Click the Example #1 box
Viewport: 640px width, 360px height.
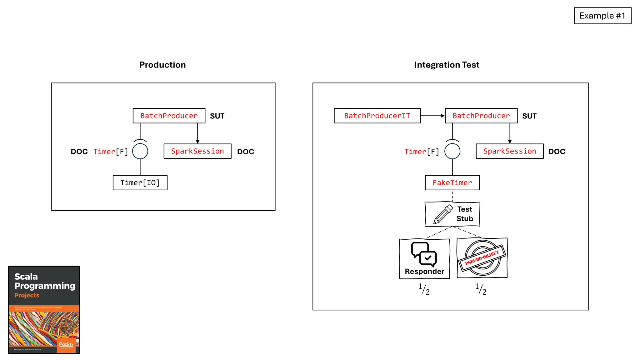(602, 16)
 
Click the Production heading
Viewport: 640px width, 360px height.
(162, 65)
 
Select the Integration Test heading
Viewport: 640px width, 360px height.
(447, 65)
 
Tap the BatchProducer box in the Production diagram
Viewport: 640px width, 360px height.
(169, 116)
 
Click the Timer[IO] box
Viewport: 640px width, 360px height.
(140, 182)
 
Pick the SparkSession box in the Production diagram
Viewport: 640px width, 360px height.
(197, 151)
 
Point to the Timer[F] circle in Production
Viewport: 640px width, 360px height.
(140, 151)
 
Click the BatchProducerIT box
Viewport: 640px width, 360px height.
(377, 116)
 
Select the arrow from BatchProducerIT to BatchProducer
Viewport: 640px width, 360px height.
(432, 116)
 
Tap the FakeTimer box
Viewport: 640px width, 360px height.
(452, 182)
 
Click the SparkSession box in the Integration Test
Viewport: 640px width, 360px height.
(510, 151)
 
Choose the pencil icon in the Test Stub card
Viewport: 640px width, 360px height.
(443, 214)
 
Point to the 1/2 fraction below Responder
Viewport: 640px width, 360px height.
(424, 289)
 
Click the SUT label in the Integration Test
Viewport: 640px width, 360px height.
(529, 116)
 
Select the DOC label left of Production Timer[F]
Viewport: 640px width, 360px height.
(79, 152)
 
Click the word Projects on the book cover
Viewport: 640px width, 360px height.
(27, 295)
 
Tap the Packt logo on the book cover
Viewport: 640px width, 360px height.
(66, 344)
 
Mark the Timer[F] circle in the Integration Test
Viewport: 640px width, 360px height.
(452, 151)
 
